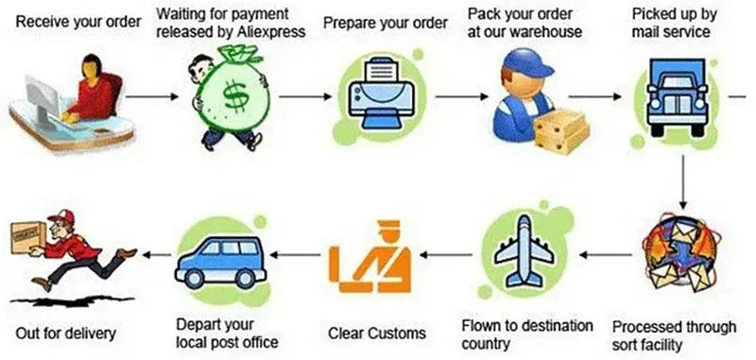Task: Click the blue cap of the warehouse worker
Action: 528,63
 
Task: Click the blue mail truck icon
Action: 677,96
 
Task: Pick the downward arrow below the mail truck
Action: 682,181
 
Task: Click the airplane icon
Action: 524,249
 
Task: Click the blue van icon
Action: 220,262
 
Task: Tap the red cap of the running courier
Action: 61,216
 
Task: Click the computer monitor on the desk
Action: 43,98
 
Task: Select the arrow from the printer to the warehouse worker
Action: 461,97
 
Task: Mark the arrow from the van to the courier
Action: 158,254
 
